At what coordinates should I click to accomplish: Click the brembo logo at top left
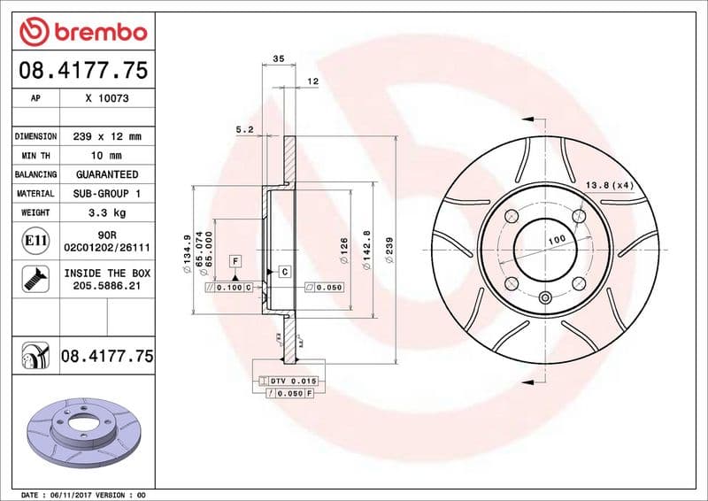pos(83,33)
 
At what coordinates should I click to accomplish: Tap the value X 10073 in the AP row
pos(107,98)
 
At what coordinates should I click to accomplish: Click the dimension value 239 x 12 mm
pos(107,137)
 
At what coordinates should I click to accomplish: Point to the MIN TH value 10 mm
pos(107,156)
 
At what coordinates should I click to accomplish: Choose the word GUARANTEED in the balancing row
pos(107,174)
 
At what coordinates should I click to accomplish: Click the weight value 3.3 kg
pos(107,212)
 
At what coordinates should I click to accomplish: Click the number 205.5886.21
pos(107,287)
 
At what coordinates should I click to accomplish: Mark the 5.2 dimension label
pos(245,129)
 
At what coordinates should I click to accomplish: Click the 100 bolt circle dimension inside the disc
pos(555,240)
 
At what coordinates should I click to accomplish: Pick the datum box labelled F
pos(235,260)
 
